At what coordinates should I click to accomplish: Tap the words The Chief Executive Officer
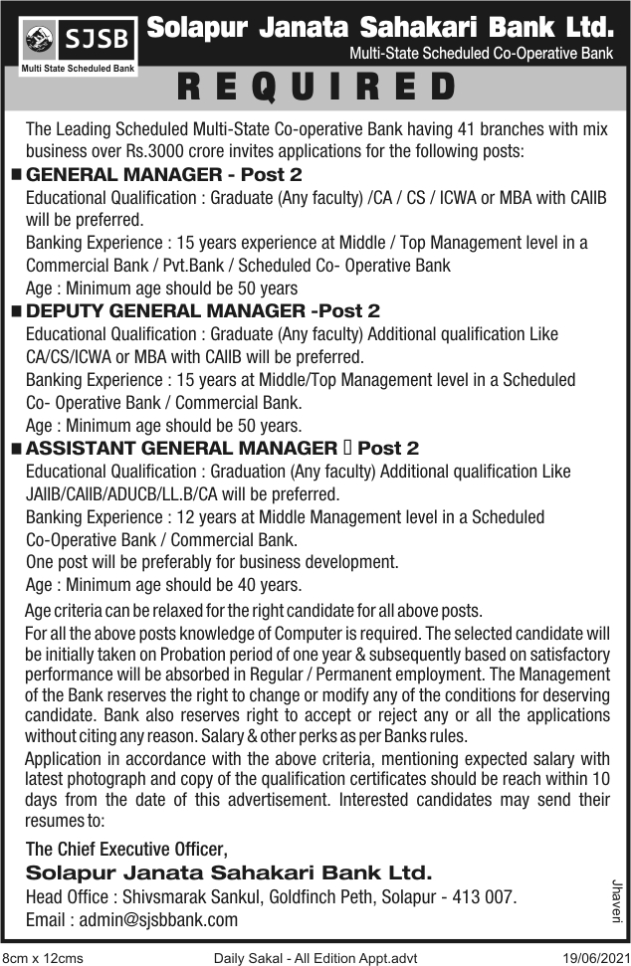tap(126, 850)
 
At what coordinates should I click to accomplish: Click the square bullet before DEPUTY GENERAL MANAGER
tap(16, 312)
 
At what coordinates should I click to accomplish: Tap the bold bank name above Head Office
tap(230, 873)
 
